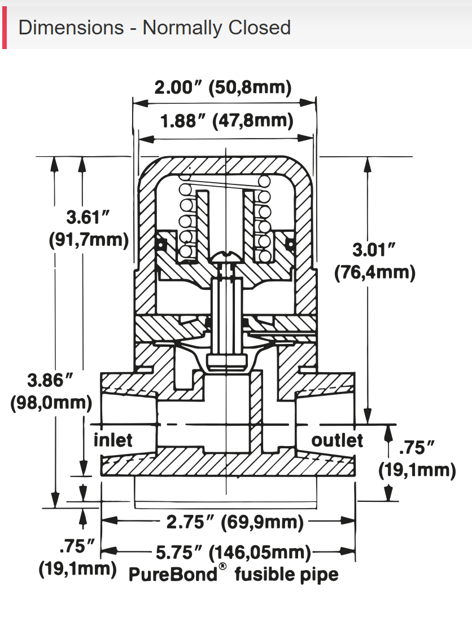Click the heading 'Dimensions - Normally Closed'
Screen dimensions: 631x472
coord(154,28)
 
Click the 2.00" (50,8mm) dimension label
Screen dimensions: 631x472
coord(223,88)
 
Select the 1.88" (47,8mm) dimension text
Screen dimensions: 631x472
coord(226,121)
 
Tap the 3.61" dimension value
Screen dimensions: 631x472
coord(86,217)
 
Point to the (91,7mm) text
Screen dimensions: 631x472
coord(89,240)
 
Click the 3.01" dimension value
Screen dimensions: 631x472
coord(374,250)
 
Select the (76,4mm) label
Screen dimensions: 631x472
coord(375,273)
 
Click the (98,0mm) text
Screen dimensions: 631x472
coord(51,403)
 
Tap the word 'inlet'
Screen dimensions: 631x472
coord(113,439)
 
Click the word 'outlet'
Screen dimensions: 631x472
coord(338,439)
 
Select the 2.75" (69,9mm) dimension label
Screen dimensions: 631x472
coord(234,522)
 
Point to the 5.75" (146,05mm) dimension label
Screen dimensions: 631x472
coord(233,552)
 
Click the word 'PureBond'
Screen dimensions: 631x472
coord(173,575)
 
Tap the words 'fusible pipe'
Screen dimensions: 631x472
coord(287,575)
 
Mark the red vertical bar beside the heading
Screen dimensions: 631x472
coord(4,28)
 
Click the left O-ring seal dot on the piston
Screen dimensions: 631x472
coord(160,244)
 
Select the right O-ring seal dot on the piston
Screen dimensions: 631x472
coord(291,244)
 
